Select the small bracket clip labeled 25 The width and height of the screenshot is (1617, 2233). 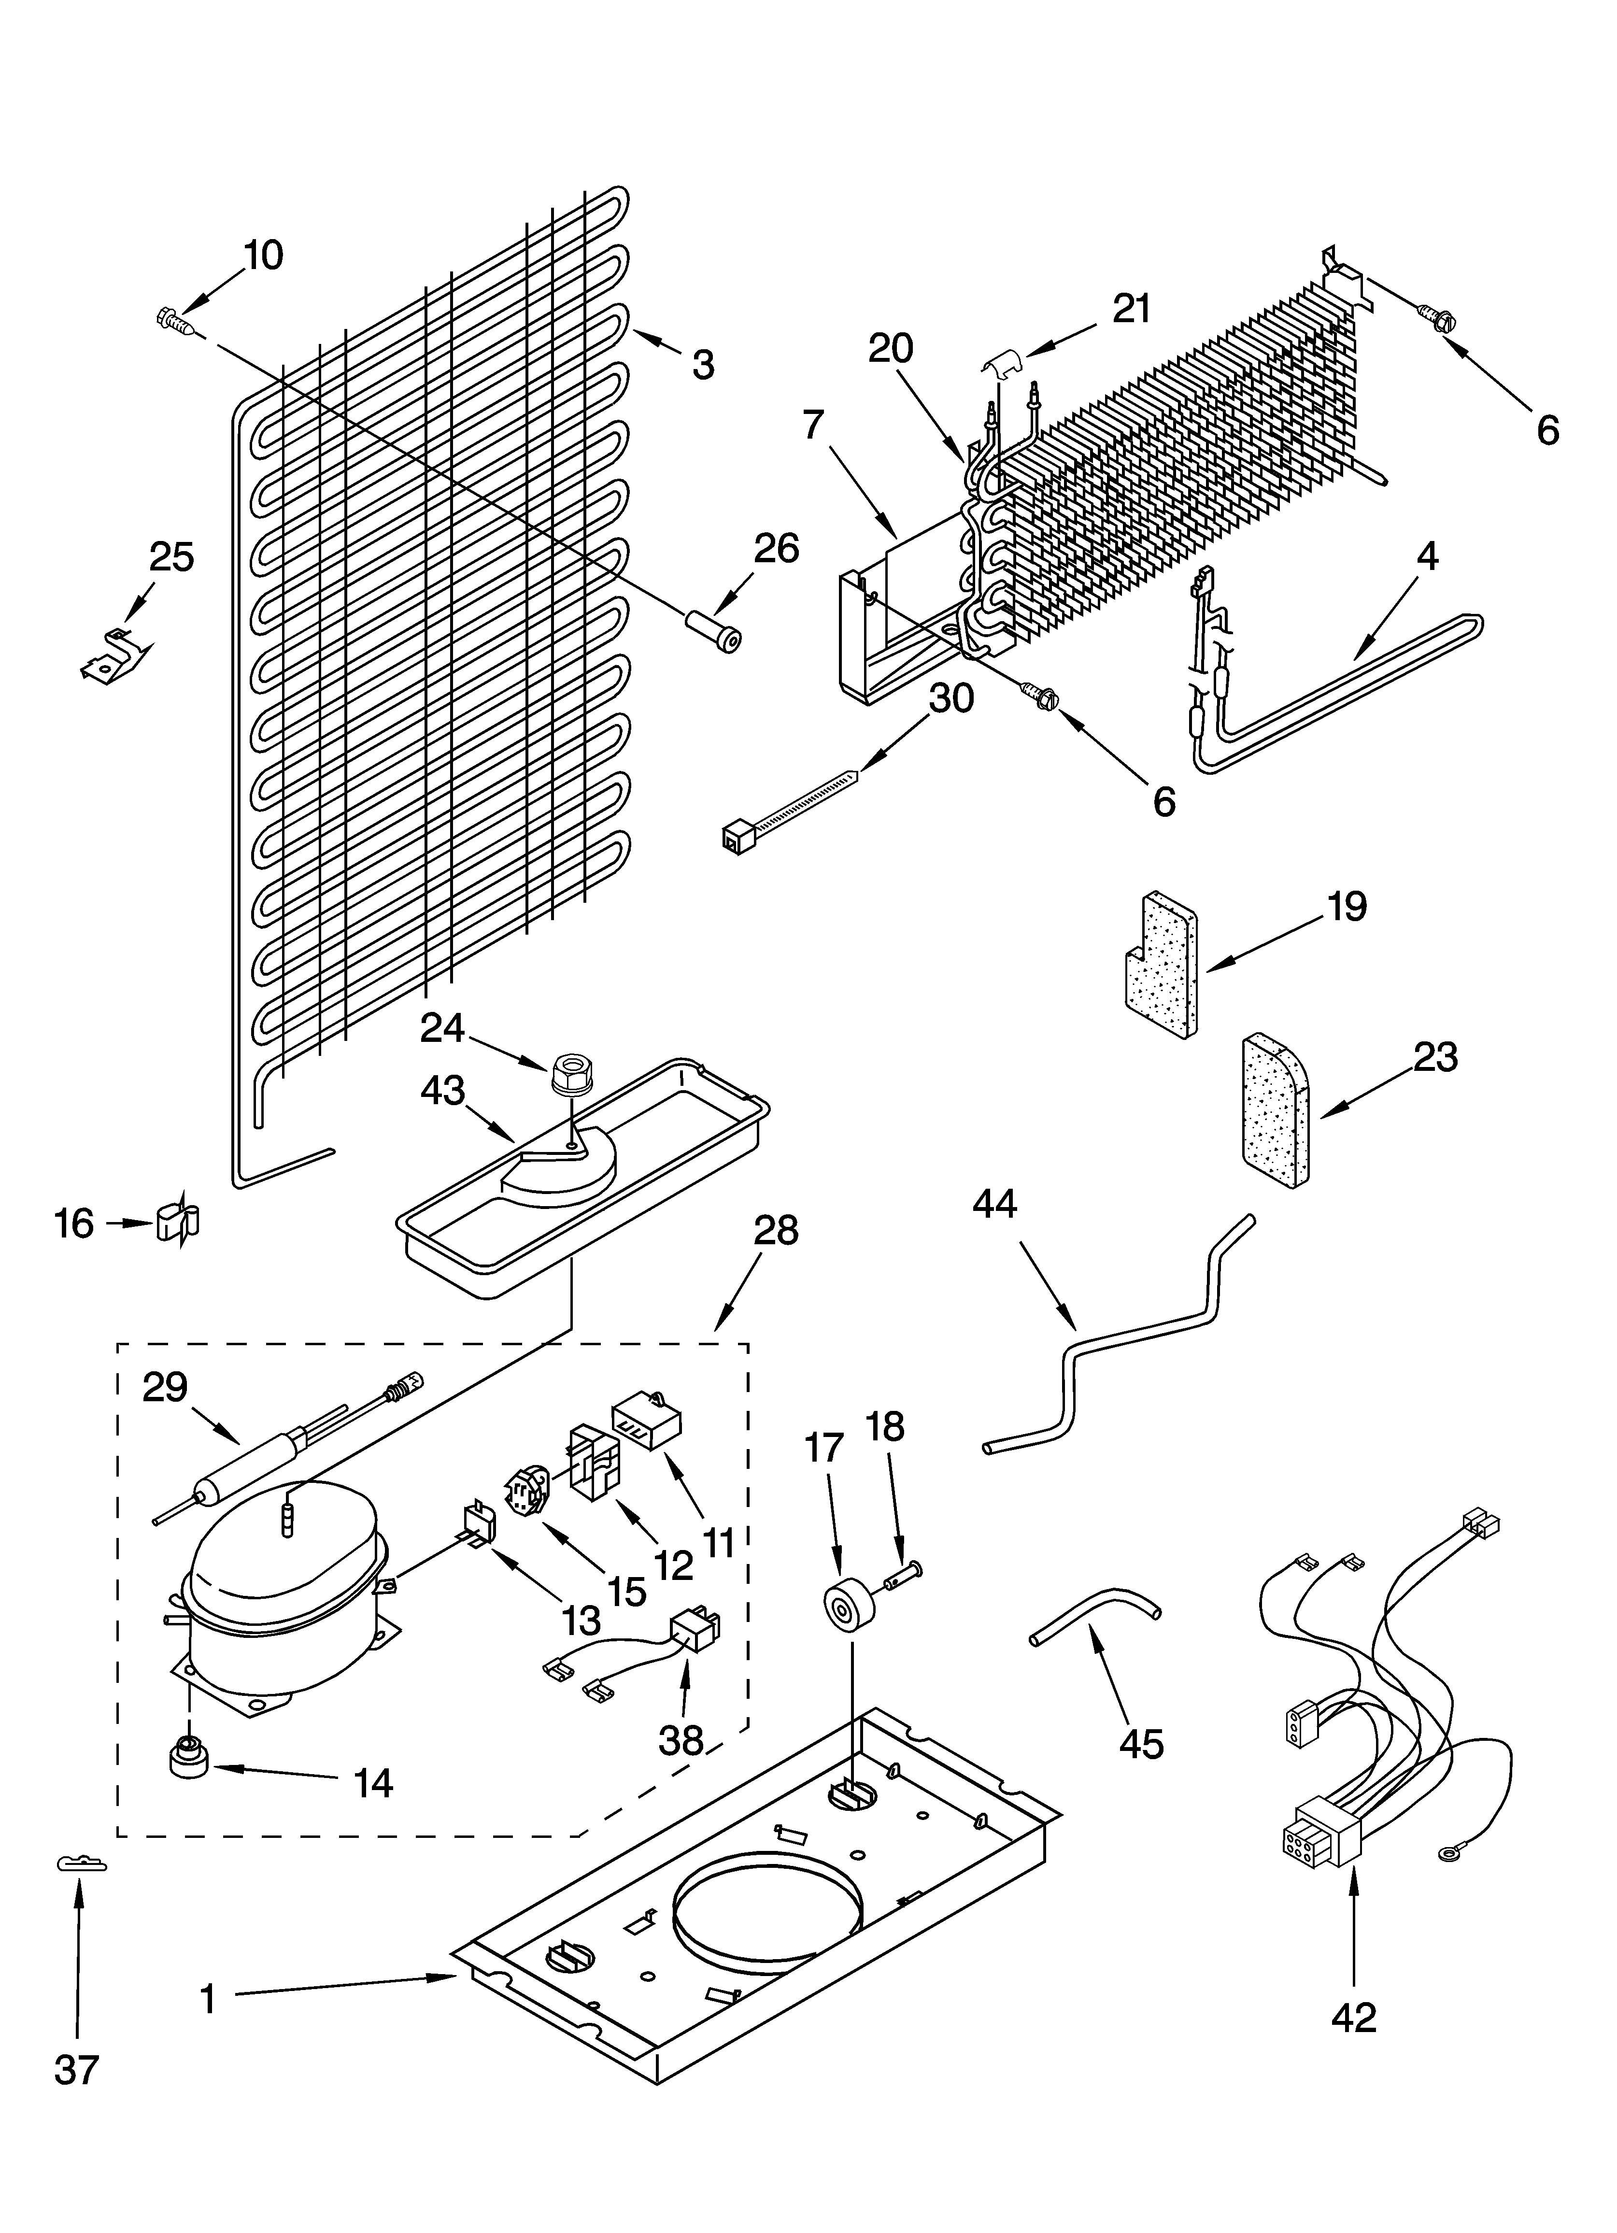click(x=116, y=655)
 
